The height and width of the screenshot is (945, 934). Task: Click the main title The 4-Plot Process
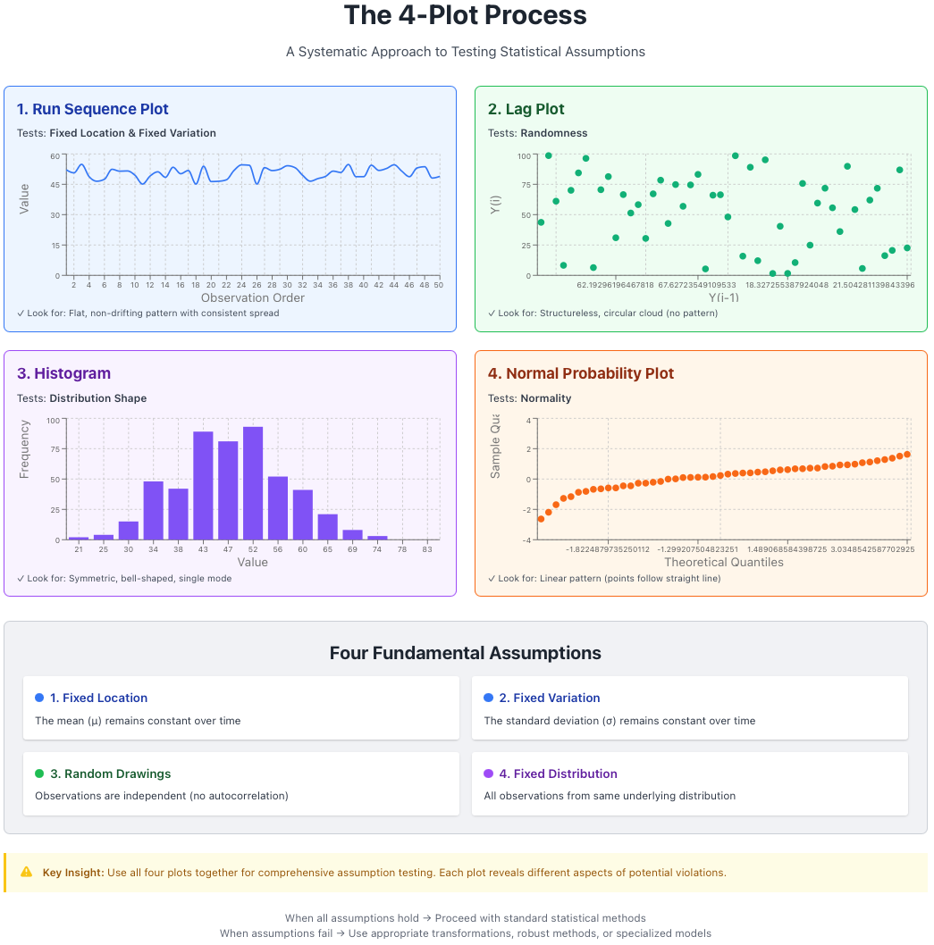click(465, 16)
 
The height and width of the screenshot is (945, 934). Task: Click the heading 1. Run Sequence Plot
click(92, 109)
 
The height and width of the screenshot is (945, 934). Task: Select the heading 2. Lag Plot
click(526, 109)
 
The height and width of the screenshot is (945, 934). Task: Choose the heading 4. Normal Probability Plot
click(580, 373)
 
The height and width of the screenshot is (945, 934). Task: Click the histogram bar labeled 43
click(203, 487)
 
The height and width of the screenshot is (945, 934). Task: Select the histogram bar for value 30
click(129, 531)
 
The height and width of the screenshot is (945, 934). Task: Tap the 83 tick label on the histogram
click(427, 549)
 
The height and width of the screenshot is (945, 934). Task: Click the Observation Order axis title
click(253, 297)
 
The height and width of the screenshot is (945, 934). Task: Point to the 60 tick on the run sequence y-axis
click(55, 155)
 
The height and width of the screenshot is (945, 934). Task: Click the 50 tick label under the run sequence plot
click(438, 285)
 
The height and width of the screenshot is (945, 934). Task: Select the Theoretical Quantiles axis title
click(723, 563)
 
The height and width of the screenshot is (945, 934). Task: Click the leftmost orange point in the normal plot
click(541, 519)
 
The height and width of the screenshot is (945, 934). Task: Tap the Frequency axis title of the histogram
click(24, 449)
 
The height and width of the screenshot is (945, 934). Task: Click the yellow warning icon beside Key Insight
click(27, 872)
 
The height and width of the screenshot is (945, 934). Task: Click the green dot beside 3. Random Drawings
click(39, 774)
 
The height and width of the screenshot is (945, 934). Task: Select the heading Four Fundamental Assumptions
click(465, 653)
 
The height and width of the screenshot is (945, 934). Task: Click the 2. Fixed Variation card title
click(549, 698)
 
